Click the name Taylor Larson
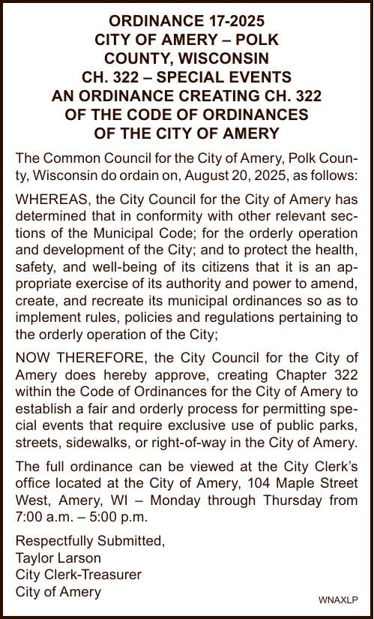pos(58,557)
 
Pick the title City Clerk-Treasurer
pos(79,575)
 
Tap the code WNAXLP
pos(339,599)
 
